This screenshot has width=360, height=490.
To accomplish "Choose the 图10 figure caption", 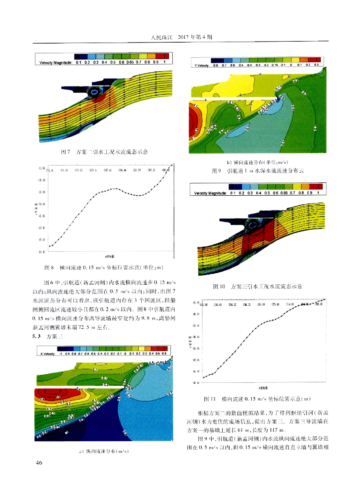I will (x=260, y=286).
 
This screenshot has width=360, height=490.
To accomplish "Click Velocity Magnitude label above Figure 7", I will (x=55, y=62).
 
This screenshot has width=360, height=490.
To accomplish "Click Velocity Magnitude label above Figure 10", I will (x=210, y=193).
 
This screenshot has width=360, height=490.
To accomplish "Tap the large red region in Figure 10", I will (x=254, y=237).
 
